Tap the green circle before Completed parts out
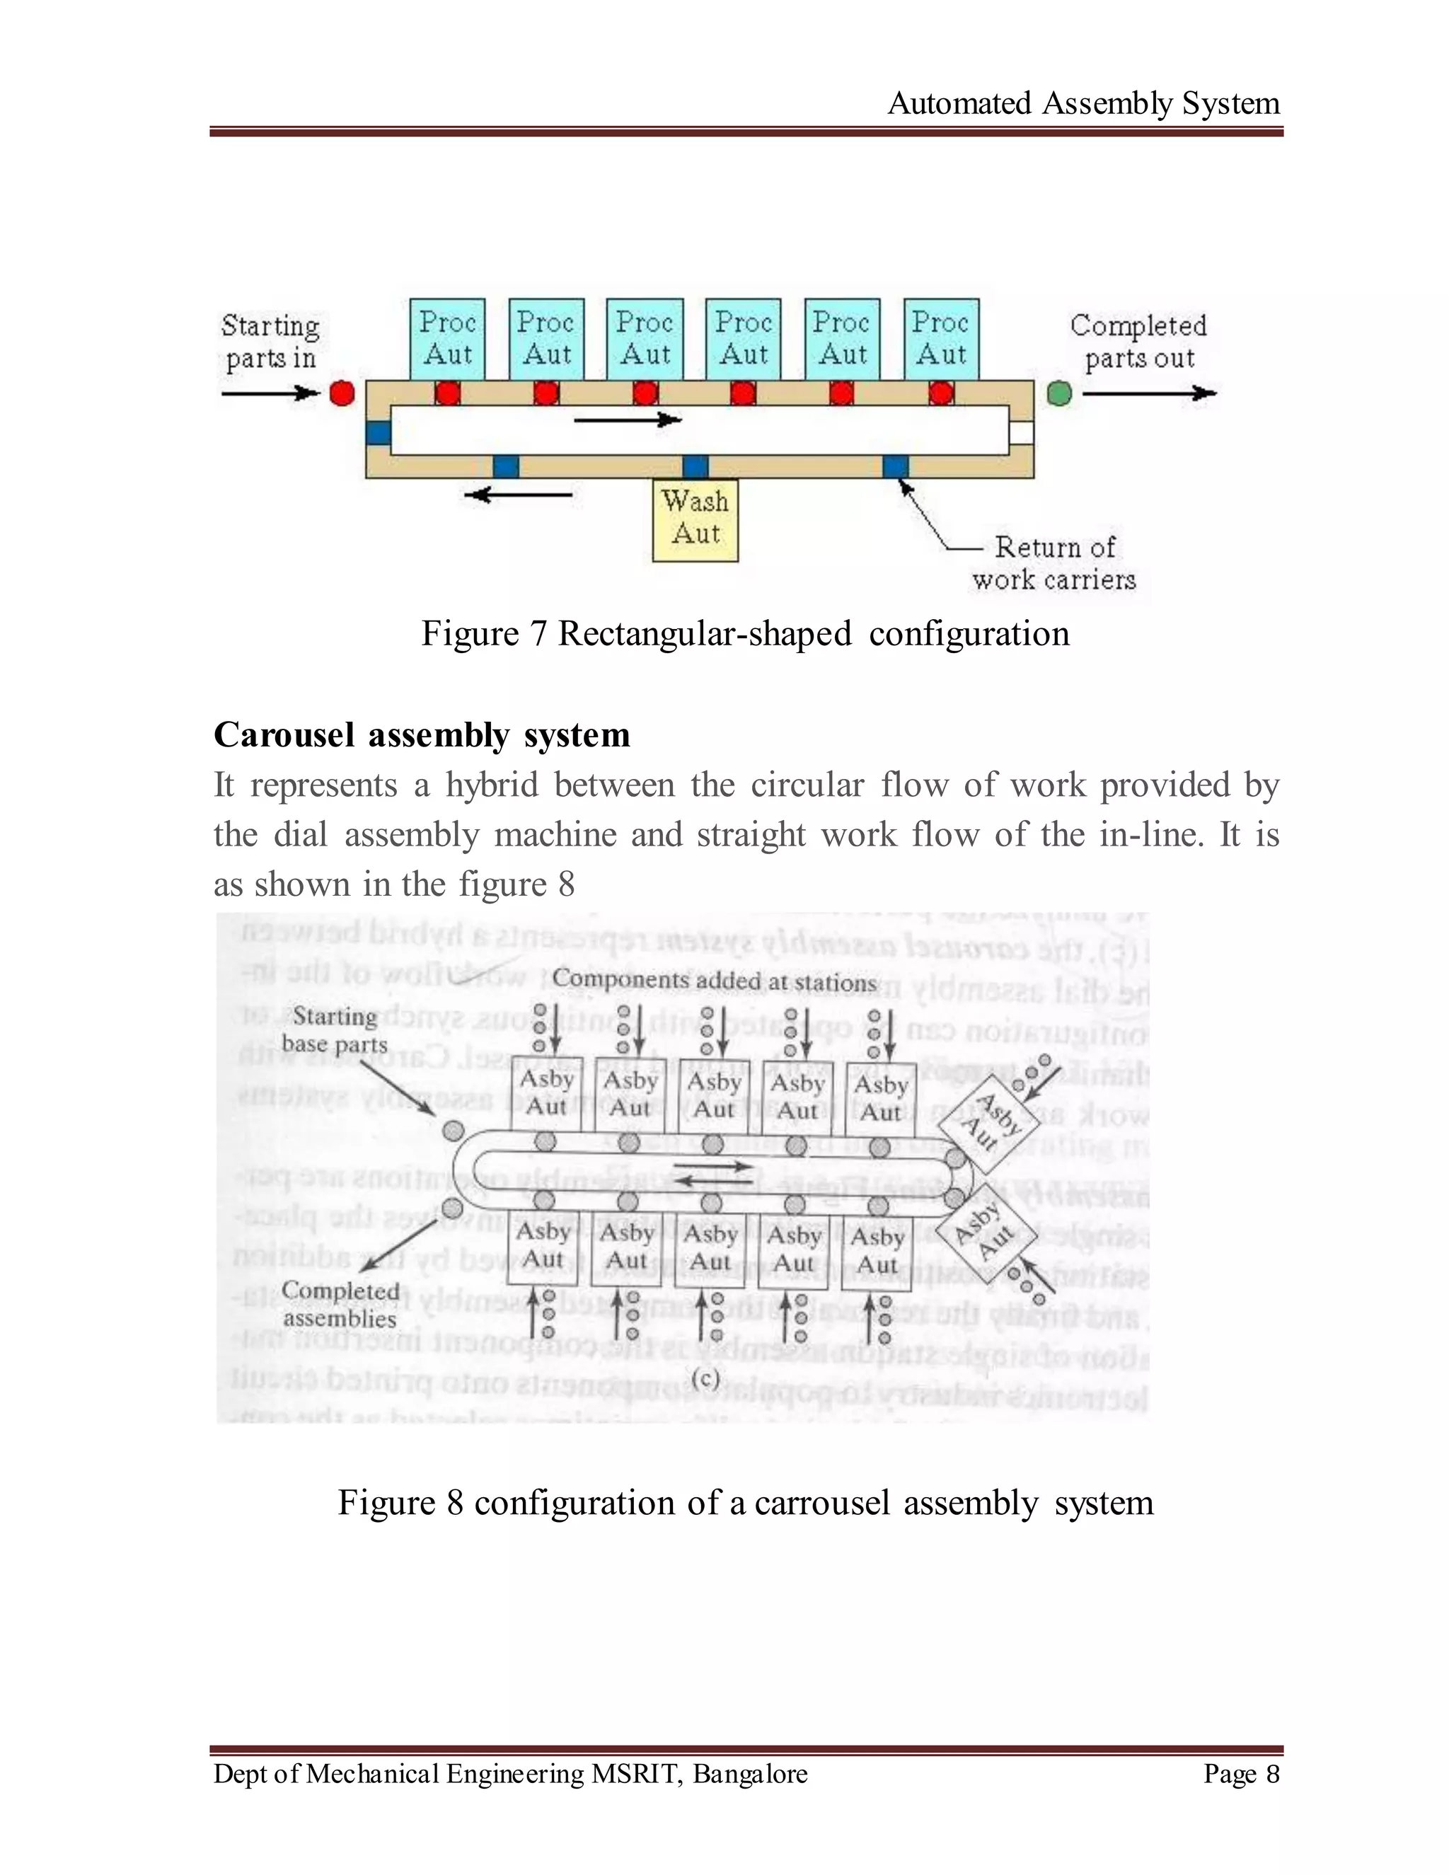[1059, 394]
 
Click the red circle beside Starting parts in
[342, 393]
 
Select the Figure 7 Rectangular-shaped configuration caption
[745, 635]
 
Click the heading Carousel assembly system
[422, 735]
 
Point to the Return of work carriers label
[1053, 563]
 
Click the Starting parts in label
[270, 341]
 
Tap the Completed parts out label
[1138, 341]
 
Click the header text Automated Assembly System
[1083, 103]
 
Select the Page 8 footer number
[1240, 1773]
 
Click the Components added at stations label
[714, 981]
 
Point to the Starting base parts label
[335, 1030]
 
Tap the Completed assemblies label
[340, 1304]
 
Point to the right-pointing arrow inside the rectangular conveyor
[627, 420]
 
